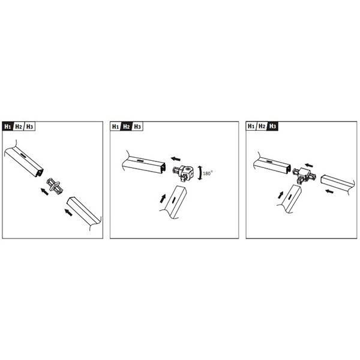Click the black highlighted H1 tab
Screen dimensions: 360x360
(8, 127)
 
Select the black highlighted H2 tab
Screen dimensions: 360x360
(126, 127)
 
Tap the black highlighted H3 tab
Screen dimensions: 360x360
(273, 126)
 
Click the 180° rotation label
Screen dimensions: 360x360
(208, 173)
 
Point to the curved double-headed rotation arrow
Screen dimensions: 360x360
(200, 173)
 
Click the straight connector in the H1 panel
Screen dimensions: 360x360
(55, 185)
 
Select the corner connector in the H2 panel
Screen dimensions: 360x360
(183, 173)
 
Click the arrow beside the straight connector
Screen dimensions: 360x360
(44, 191)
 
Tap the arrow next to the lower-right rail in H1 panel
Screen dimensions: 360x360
(68, 212)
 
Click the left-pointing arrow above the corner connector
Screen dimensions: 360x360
(176, 158)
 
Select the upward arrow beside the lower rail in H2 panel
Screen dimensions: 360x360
(163, 199)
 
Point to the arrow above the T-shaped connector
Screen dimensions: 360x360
(309, 166)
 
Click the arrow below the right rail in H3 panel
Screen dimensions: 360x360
(329, 191)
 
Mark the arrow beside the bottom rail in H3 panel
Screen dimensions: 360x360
(281, 194)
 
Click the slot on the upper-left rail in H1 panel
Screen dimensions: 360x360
(23, 155)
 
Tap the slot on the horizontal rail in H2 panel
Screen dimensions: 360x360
(140, 161)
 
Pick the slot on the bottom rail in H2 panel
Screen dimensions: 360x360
(173, 200)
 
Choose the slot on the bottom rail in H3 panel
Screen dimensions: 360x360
(290, 197)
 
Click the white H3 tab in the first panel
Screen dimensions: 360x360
(30, 127)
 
